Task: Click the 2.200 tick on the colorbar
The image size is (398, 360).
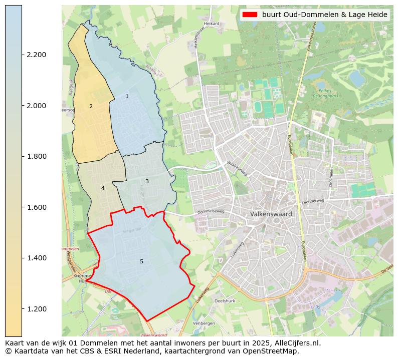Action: pos(36,55)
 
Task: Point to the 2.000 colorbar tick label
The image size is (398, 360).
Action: pos(36,106)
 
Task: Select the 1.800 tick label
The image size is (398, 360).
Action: pos(36,156)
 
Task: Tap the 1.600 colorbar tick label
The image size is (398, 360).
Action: pos(36,207)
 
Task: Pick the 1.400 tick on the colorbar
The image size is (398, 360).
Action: pos(36,258)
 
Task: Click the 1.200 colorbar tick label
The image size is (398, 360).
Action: pos(36,309)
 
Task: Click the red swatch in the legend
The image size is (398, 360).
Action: pos(250,15)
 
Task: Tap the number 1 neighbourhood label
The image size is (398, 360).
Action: pos(127,96)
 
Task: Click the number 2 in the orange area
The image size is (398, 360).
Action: pos(91,106)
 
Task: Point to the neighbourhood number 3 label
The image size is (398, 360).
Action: pos(147,181)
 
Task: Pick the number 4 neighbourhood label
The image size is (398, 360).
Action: pos(103,188)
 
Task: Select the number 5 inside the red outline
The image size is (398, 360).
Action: pos(141,261)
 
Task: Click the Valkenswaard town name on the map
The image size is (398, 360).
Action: pos(271,214)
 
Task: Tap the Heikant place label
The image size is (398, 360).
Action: pos(212,23)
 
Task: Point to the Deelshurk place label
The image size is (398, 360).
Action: pos(225,301)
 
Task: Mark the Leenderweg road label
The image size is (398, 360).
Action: pos(313,201)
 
